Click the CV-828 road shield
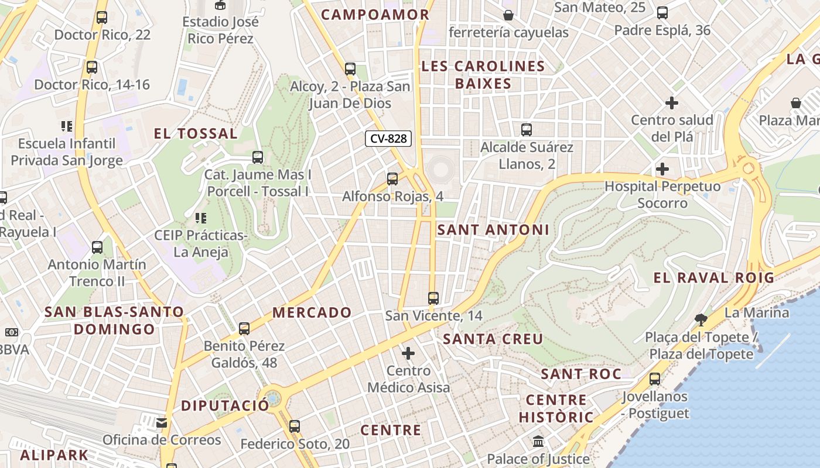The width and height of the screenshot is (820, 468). [x=388, y=139]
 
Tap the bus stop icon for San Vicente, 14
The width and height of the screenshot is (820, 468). [x=433, y=298]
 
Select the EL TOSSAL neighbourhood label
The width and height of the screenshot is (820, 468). [x=196, y=133]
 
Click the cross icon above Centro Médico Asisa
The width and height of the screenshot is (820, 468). [x=408, y=353]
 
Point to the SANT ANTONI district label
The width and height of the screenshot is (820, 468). [x=493, y=230]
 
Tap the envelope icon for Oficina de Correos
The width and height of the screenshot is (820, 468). [x=162, y=422]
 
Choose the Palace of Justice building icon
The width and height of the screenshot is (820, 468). [x=538, y=442]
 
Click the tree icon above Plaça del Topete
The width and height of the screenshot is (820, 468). [x=701, y=319]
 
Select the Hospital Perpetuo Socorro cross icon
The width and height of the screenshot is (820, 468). [x=662, y=169]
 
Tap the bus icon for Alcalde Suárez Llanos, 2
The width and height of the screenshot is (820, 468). [x=527, y=129]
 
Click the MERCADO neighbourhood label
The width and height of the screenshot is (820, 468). [x=312, y=312]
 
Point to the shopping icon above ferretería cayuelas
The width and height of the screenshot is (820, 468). [x=508, y=15]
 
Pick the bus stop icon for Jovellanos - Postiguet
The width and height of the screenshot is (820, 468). [x=655, y=378]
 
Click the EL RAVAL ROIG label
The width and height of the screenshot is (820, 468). [x=713, y=278]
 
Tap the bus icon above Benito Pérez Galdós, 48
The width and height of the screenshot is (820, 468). [x=244, y=328]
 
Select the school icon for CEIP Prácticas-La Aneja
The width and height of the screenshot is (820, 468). [x=201, y=218]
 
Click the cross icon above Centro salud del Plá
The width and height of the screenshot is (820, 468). [x=672, y=104]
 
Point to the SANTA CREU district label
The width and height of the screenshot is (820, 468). [x=493, y=339]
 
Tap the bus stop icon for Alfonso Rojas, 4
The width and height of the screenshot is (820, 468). [x=392, y=178]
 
